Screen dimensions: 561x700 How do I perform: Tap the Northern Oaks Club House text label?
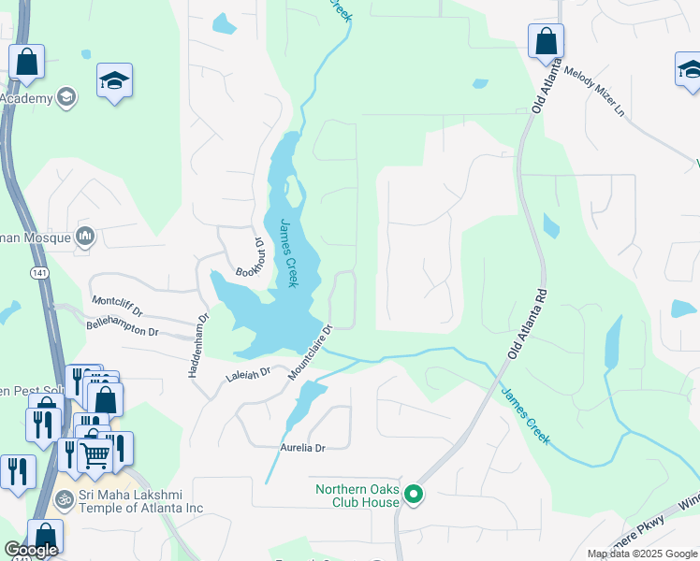(x=357, y=496)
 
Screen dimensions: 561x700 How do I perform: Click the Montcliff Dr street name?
(x=117, y=305)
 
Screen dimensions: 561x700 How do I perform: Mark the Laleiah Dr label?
(x=248, y=375)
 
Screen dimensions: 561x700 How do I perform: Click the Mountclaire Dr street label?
(x=312, y=352)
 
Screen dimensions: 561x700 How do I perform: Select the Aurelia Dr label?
(x=302, y=448)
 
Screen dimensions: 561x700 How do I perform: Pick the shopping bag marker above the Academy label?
(x=27, y=62)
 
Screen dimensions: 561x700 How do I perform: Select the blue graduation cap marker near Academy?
(x=114, y=81)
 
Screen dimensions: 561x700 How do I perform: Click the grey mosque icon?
(x=85, y=237)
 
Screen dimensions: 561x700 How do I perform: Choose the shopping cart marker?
(x=94, y=455)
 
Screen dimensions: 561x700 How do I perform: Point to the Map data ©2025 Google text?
(x=641, y=554)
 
